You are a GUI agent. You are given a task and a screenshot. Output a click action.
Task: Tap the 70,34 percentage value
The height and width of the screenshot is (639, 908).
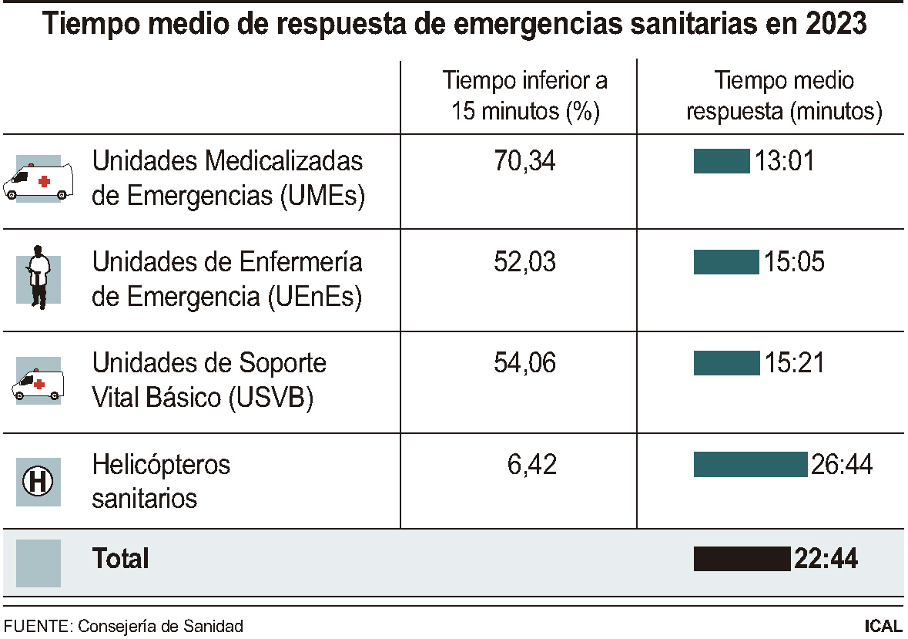(x=524, y=161)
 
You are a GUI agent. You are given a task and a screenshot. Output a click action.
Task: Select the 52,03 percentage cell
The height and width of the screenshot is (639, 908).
(x=524, y=262)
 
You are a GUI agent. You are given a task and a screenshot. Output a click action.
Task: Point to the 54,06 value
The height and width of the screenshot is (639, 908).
(x=524, y=363)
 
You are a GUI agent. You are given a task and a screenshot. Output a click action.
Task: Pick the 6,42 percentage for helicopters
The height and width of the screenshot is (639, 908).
(x=531, y=465)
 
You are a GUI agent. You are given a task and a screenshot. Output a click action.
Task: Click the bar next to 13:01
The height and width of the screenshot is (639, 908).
(x=722, y=161)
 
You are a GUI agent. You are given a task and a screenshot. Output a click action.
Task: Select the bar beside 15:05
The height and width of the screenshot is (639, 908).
(x=726, y=262)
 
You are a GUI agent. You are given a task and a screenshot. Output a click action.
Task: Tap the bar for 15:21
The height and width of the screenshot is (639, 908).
(x=726, y=363)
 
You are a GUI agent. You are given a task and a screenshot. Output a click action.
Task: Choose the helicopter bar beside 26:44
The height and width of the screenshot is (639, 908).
(x=751, y=465)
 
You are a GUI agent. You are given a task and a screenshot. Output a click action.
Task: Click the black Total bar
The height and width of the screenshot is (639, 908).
(x=742, y=559)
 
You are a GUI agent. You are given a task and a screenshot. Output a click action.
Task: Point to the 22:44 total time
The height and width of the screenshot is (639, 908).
(x=826, y=559)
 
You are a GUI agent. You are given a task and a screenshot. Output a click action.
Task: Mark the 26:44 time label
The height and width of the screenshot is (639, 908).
(x=842, y=465)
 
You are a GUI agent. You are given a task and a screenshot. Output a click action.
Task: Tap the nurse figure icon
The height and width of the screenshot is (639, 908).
(x=38, y=277)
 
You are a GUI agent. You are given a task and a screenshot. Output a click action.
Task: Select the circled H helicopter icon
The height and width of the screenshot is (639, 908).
(x=38, y=483)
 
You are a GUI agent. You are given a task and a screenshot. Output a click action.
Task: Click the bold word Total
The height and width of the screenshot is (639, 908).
(x=120, y=559)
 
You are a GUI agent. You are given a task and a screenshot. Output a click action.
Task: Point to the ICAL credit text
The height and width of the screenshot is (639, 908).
(x=883, y=626)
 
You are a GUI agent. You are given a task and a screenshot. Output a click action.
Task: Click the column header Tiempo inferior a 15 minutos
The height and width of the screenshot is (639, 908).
(x=524, y=96)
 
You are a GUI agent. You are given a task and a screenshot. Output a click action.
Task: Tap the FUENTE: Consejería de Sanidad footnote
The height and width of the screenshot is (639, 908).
(x=124, y=626)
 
